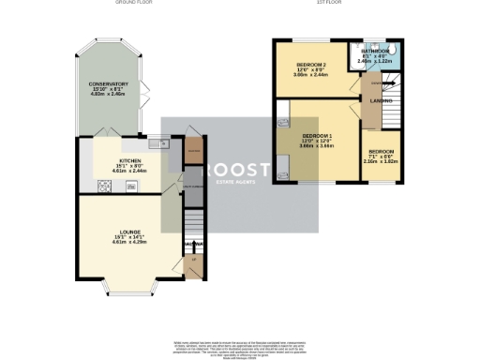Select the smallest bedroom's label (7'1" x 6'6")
pos(381,151)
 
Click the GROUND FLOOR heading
pos(134,3)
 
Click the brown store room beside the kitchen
pos(194,150)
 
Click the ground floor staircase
pos(193,225)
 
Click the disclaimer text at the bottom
pos(240,349)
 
